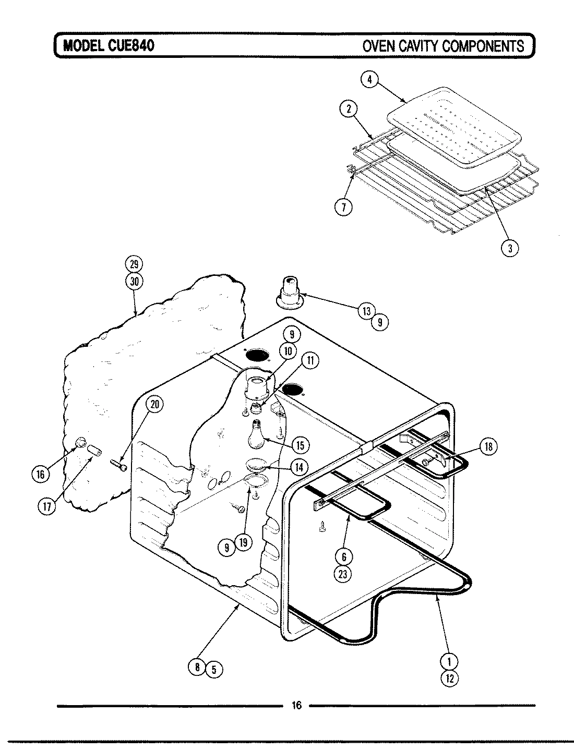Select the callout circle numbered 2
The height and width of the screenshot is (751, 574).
coord(348,109)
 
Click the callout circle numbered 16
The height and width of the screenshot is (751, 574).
coord(41,474)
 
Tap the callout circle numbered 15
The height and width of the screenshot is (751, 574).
coord(300,445)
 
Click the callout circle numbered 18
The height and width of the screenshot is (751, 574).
coord(488,446)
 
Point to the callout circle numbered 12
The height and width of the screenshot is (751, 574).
coord(450,679)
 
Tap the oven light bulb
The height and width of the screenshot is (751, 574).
coord(256,435)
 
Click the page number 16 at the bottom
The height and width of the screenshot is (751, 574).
coord(296,706)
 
